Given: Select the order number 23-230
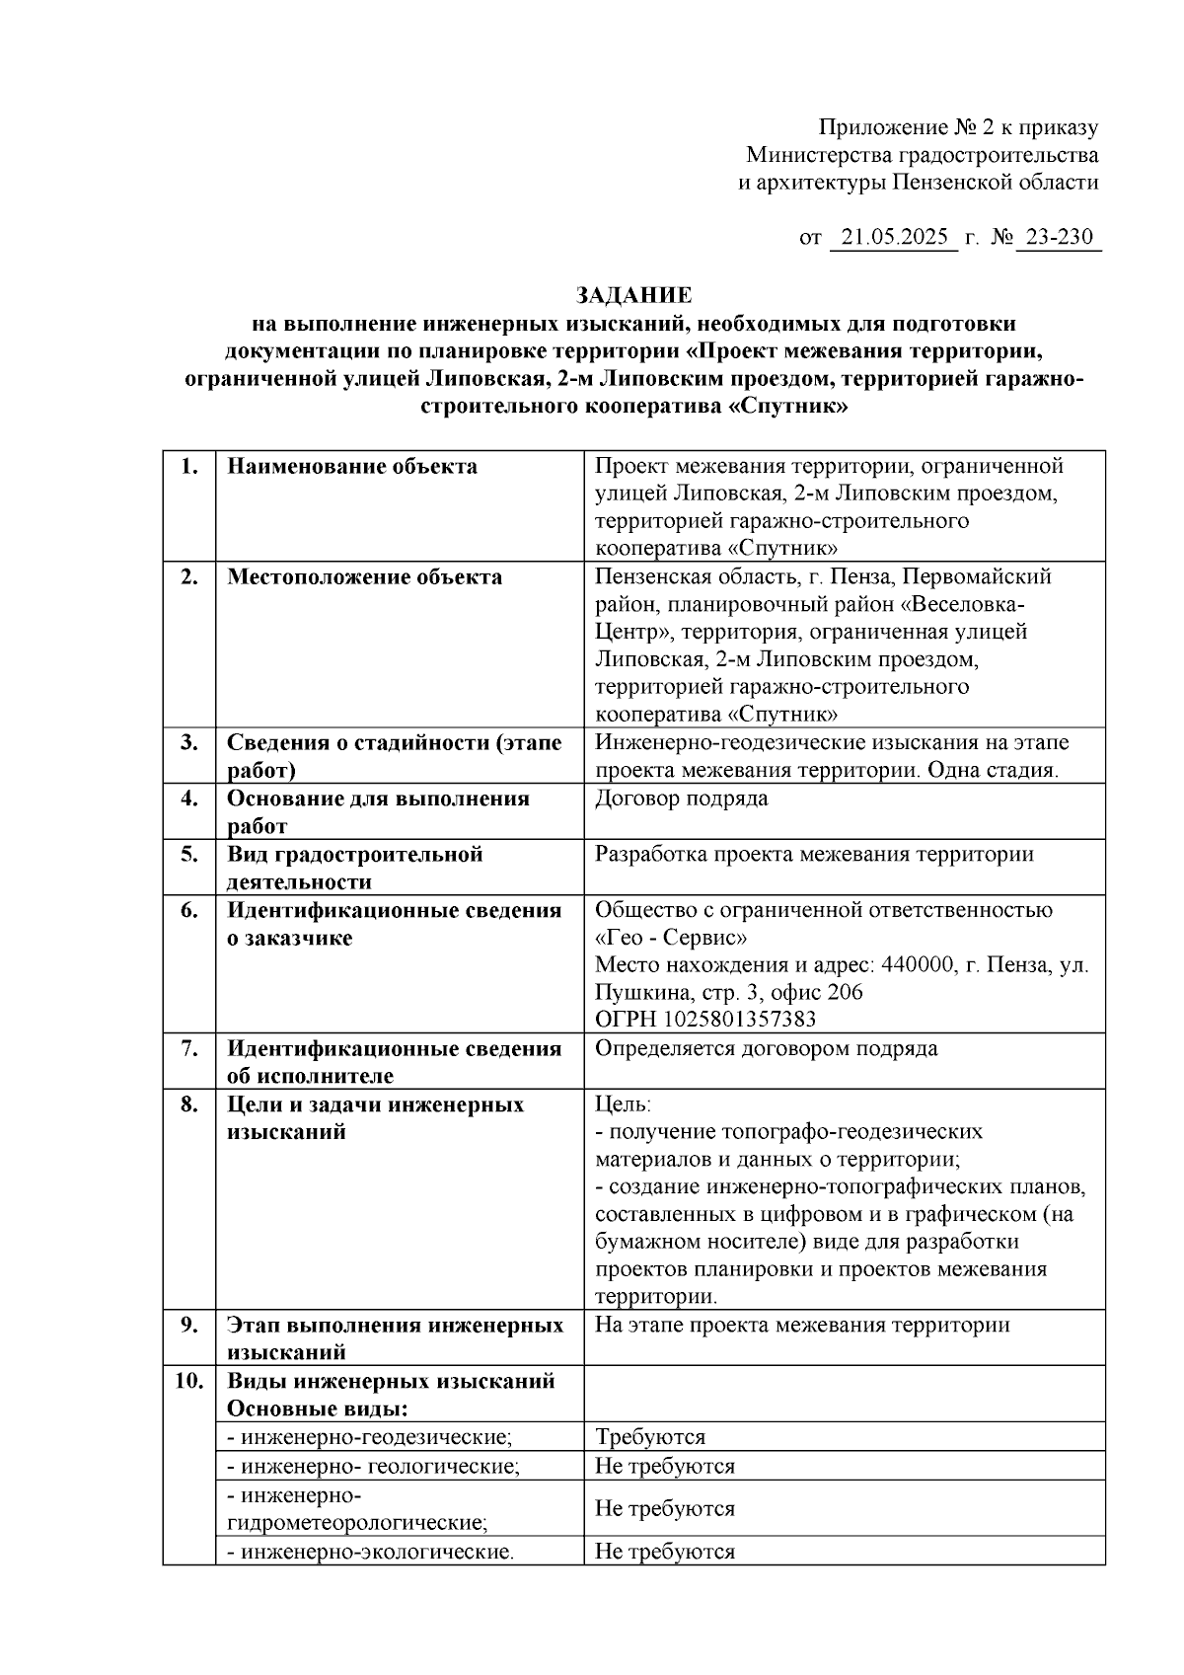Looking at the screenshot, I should point(1059,238).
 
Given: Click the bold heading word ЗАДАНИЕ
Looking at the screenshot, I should point(633,295).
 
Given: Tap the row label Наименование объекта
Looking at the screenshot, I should point(352,467).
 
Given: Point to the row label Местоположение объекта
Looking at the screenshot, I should point(364,577).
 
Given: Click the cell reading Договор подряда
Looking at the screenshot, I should point(681,799).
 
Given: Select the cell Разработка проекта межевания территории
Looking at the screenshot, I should point(814,854).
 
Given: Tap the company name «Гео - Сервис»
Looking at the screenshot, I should point(671,937).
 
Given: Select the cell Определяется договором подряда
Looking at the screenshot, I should point(766,1048).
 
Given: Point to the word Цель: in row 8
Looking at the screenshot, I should point(623,1104).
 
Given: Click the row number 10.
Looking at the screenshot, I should point(189,1380).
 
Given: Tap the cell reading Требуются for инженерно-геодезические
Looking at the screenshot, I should point(649,1437).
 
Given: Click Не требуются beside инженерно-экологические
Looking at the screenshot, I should point(664,1552).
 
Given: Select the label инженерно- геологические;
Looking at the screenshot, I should point(373,1466).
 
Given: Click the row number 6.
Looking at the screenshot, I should point(189,910).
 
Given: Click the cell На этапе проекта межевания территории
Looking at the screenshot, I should point(801,1325).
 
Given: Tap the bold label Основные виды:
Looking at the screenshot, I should point(318,1409).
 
